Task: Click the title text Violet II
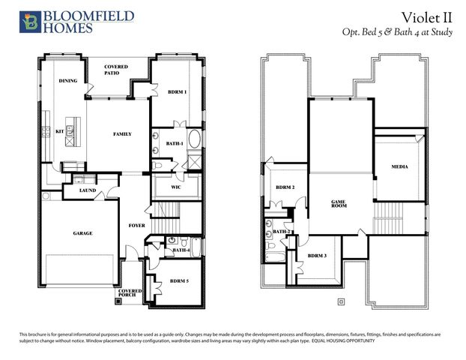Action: [x=425, y=17]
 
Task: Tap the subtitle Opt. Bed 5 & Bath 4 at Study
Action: [x=397, y=33]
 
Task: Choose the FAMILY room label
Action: [x=122, y=134]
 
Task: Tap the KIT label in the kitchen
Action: [x=60, y=131]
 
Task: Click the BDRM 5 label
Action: [x=178, y=280]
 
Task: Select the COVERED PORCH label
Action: [x=130, y=293]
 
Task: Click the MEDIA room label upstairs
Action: [x=400, y=166]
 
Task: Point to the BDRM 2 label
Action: [x=285, y=187]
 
